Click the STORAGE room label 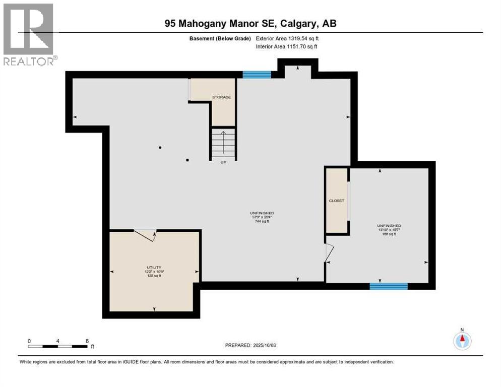(221, 97)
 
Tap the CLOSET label (336, 201)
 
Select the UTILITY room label (154, 268)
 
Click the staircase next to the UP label (223, 144)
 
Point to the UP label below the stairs (223, 162)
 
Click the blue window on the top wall (257, 75)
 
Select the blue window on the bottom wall (389, 286)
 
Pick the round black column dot (160, 148)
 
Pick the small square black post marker (187, 160)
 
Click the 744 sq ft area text (262, 221)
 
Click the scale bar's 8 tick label (87, 341)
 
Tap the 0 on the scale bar (29, 341)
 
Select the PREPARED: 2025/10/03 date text (250, 346)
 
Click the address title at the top (250, 23)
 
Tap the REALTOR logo (29, 34)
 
